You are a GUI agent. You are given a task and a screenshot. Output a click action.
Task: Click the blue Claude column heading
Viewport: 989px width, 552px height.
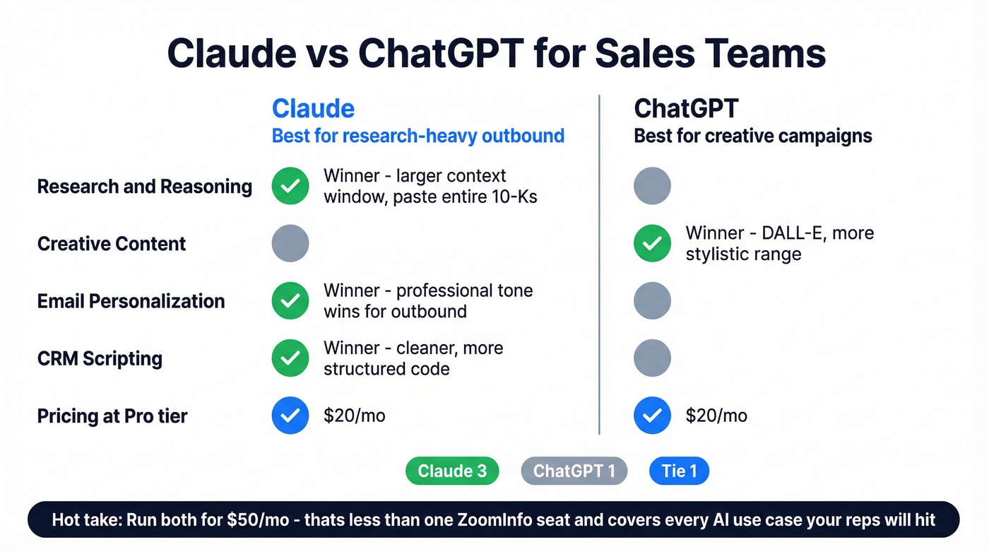313,109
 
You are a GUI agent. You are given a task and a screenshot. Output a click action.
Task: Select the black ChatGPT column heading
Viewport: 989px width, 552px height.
686,109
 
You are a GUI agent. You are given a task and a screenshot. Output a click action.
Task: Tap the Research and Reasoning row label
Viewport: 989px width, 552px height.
144,187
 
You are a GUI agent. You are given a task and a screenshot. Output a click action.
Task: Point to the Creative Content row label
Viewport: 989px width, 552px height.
112,244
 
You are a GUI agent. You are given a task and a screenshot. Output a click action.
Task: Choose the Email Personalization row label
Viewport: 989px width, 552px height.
131,301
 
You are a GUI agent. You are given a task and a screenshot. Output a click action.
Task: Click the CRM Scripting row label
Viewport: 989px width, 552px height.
100,358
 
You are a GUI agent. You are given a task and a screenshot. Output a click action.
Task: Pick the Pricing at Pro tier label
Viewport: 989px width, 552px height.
112,416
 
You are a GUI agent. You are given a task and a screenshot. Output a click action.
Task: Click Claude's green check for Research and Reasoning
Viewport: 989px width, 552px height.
290,186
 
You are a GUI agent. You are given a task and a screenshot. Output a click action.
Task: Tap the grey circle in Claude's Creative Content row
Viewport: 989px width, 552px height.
290,243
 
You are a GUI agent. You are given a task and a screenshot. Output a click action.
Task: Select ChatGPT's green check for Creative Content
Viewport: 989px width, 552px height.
652,243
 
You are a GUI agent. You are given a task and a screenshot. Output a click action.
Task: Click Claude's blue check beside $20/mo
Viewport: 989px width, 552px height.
290,415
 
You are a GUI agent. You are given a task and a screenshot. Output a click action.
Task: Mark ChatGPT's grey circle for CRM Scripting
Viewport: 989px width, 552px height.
652,358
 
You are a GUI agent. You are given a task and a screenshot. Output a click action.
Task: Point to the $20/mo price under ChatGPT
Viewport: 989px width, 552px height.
716,416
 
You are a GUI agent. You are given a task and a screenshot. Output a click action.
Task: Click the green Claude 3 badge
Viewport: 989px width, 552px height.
452,471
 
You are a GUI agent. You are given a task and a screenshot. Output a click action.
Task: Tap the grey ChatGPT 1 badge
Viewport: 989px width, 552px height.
574,471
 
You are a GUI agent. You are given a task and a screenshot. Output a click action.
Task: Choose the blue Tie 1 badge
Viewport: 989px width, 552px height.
679,471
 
